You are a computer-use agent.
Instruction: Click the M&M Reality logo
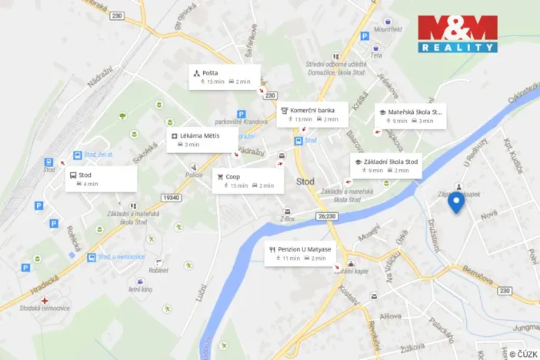click(457, 33)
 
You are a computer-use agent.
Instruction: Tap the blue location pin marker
click(456, 202)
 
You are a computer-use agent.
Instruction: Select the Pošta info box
click(225, 76)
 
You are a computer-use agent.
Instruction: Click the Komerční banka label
click(312, 114)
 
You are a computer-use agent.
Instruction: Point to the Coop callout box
click(246, 180)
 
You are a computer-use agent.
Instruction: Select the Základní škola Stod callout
click(386, 165)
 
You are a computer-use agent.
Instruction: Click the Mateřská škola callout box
click(410, 115)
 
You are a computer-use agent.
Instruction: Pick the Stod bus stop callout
click(101, 178)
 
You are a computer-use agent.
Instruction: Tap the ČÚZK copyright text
click(522, 352)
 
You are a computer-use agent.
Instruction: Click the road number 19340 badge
click(172, 197)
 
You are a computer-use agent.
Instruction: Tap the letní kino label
click(141, 289)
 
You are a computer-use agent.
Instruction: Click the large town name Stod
click(305, 182)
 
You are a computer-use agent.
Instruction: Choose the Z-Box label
click(288, 218)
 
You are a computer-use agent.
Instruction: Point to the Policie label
click(194, 175)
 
